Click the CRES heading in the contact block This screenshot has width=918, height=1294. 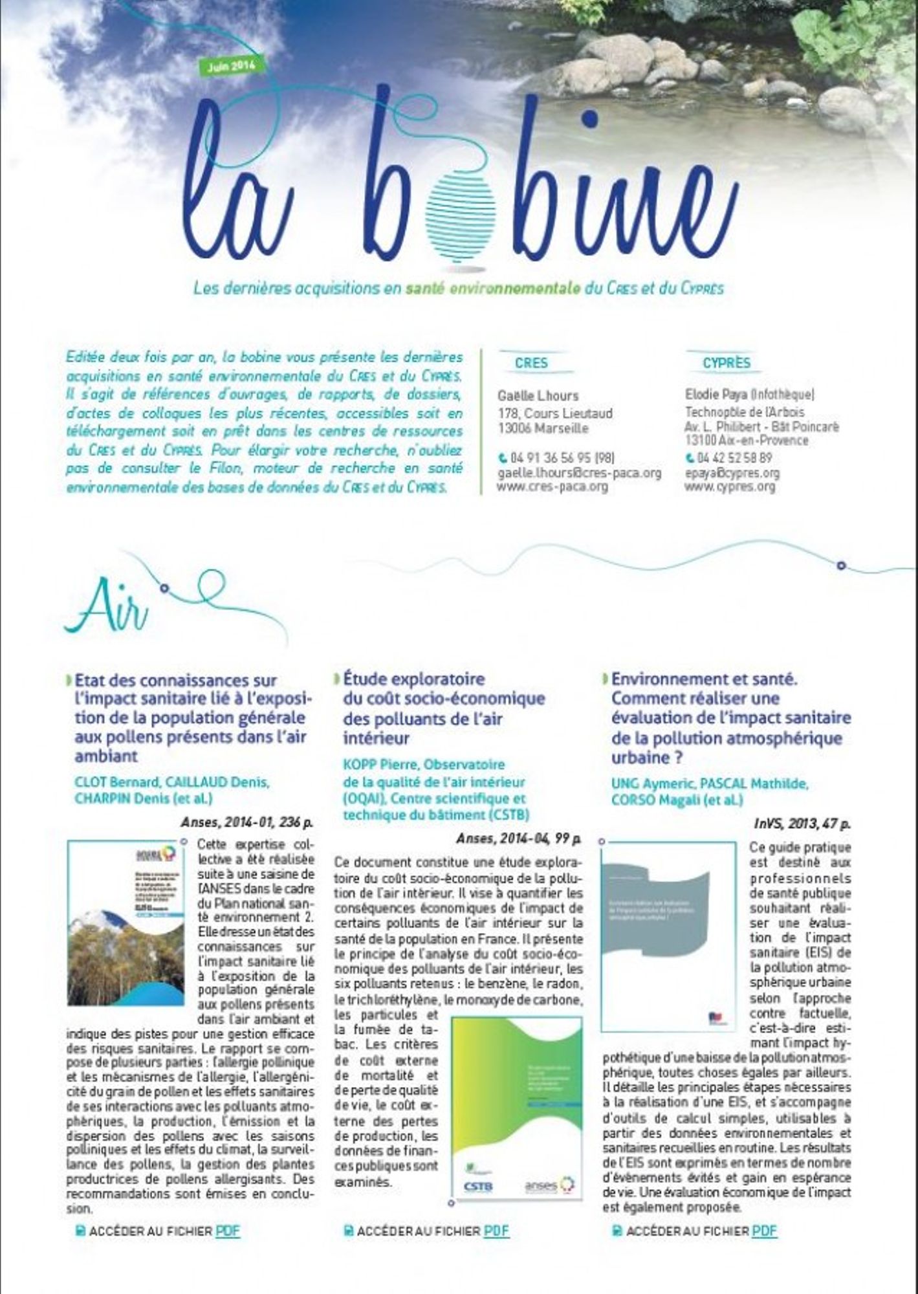(531, 363)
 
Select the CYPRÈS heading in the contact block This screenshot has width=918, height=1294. (727, 363)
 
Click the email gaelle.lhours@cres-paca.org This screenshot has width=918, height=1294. (579, 474)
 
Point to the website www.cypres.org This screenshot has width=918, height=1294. (729, 487)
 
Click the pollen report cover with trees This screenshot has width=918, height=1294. (126, 923)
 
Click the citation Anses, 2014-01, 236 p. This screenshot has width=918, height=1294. (247, 822)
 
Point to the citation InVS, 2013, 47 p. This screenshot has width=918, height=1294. (802, 824)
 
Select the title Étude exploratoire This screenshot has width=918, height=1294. (414, 679)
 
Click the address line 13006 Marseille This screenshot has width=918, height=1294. (543, 428)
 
